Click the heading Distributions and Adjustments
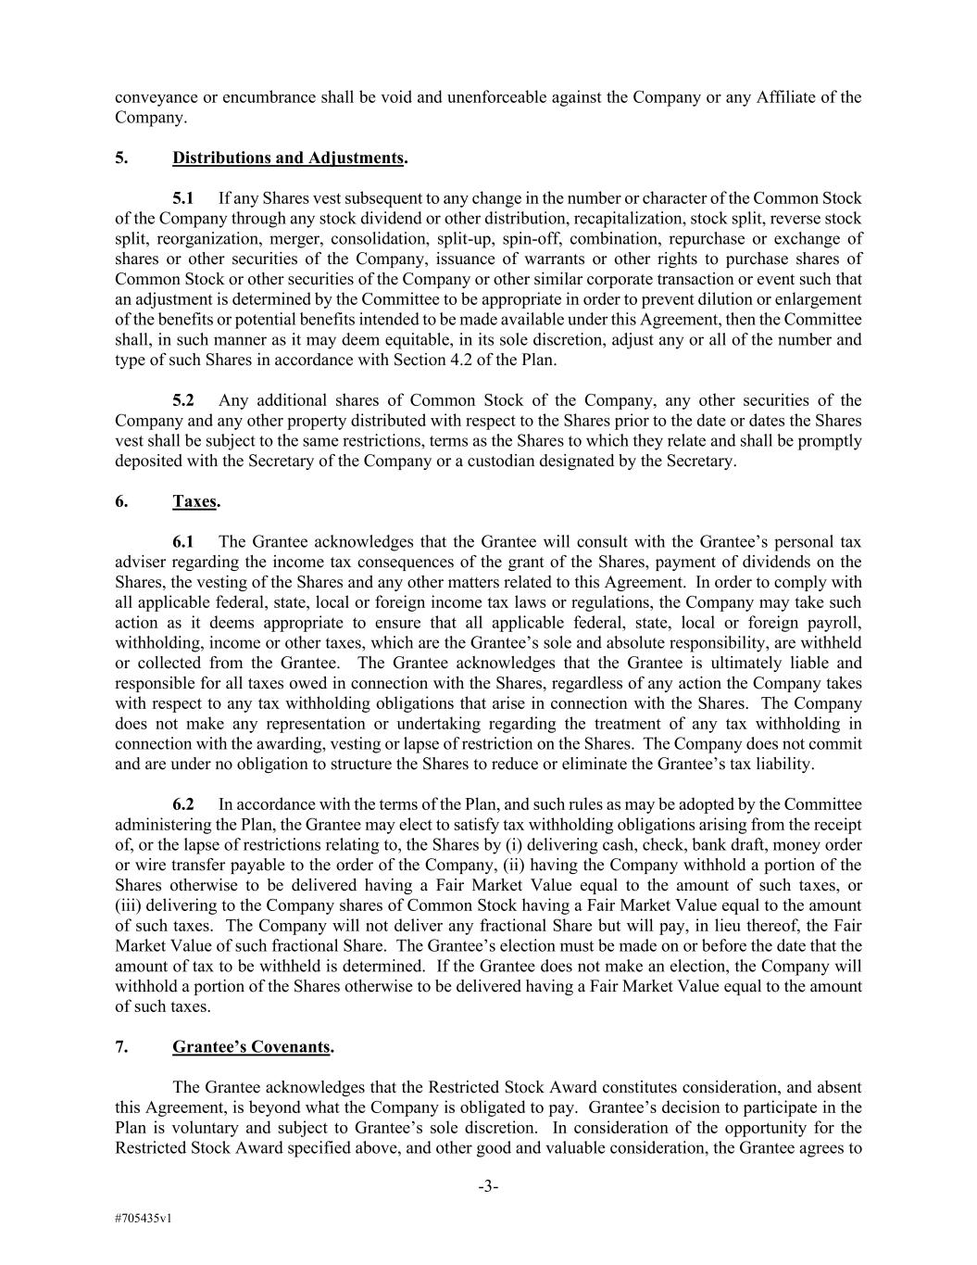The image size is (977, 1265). click(x=288, y=158)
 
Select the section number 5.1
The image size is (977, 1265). click(x=183, y=198)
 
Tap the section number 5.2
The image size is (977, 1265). click(x=183, y=400)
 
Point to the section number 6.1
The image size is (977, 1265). click(x=183, y=542)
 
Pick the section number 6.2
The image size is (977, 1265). click(x=183, y=804)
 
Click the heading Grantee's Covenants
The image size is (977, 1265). click(x=251, y=1047)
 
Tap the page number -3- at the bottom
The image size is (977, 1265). click(x=488, y=1187)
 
